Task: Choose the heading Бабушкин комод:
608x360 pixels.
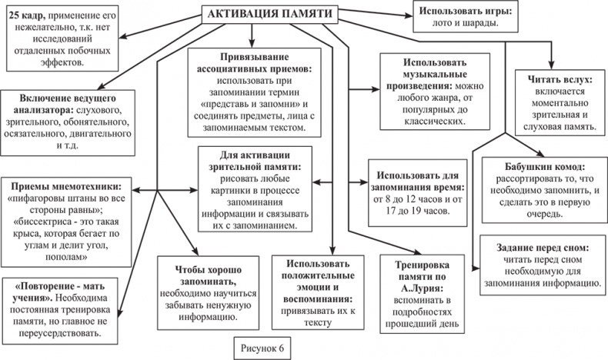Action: click(542, 166)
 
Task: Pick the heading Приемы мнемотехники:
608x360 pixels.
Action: click(66, 186)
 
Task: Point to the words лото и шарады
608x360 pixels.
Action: click(460, 24)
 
